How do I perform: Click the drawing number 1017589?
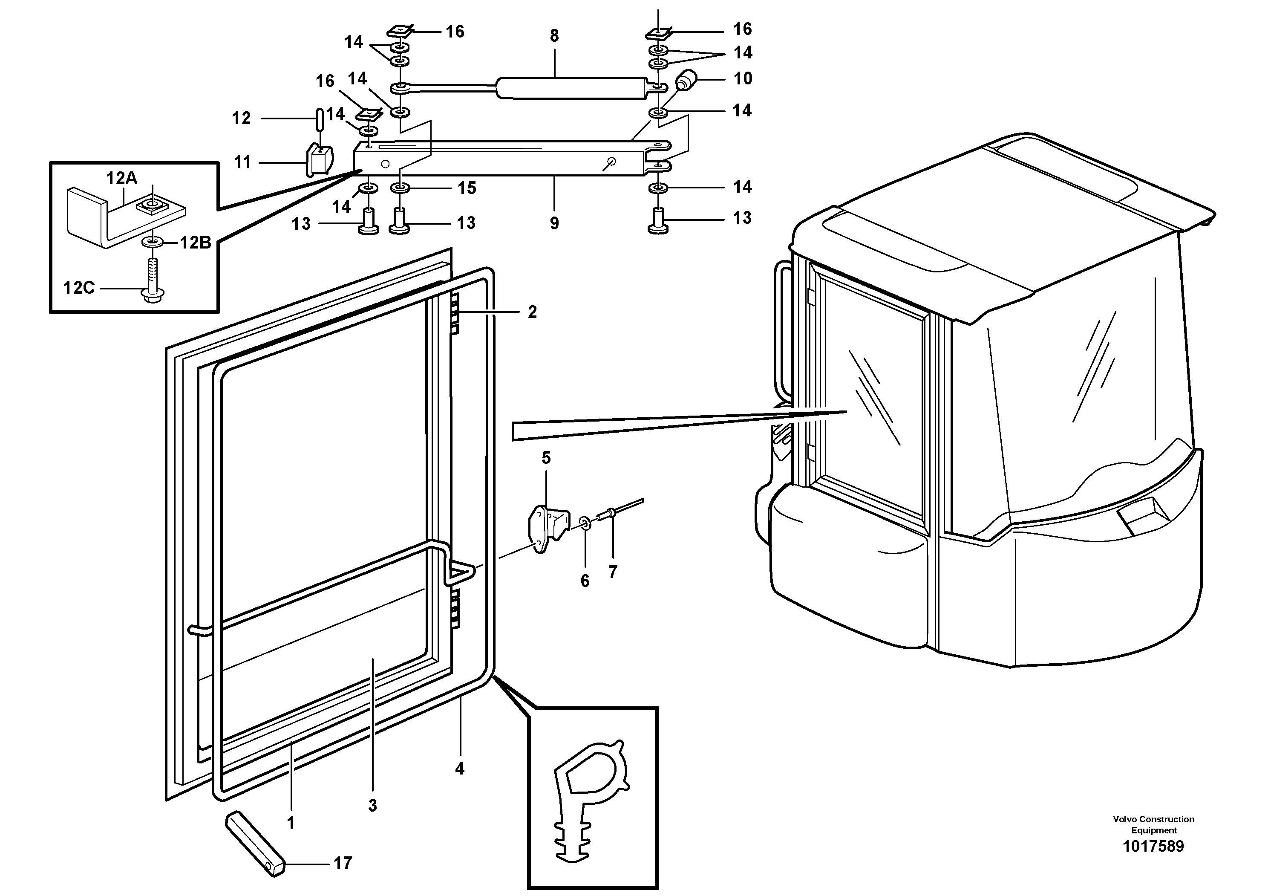click(1153, 846)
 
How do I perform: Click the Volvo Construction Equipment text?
click(1153, 824)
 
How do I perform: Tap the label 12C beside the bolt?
click(79, 288)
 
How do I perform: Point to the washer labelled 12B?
click(151, 242)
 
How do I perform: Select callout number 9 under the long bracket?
click(554, 223)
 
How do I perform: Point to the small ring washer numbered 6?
click(585, 523)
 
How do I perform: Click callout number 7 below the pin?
click(612, 572)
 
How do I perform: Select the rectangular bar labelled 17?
click(255, 844)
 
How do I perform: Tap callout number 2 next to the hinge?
click(532, 312)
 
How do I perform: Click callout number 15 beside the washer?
click(467, 188)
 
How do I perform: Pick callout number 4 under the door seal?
click(459, 769)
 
